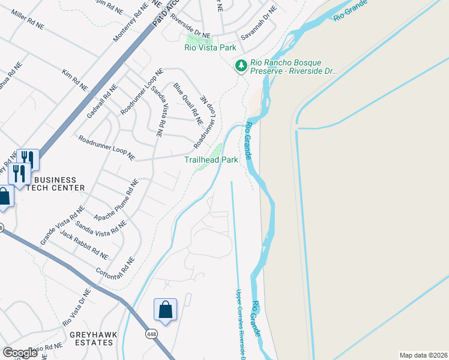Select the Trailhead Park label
click(x=211, y=160)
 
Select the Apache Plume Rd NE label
click(x=116, y=199)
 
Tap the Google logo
click(x=20, y=352)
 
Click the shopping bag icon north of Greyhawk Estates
click(x=165, y=310)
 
